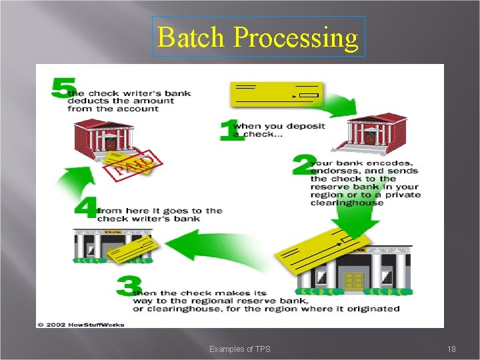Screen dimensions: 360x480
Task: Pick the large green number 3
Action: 127,287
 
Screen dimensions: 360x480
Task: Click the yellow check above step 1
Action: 276,94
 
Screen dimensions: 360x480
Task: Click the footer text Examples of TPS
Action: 239,349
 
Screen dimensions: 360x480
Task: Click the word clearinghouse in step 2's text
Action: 347,203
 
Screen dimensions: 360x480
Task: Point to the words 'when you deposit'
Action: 279,126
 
